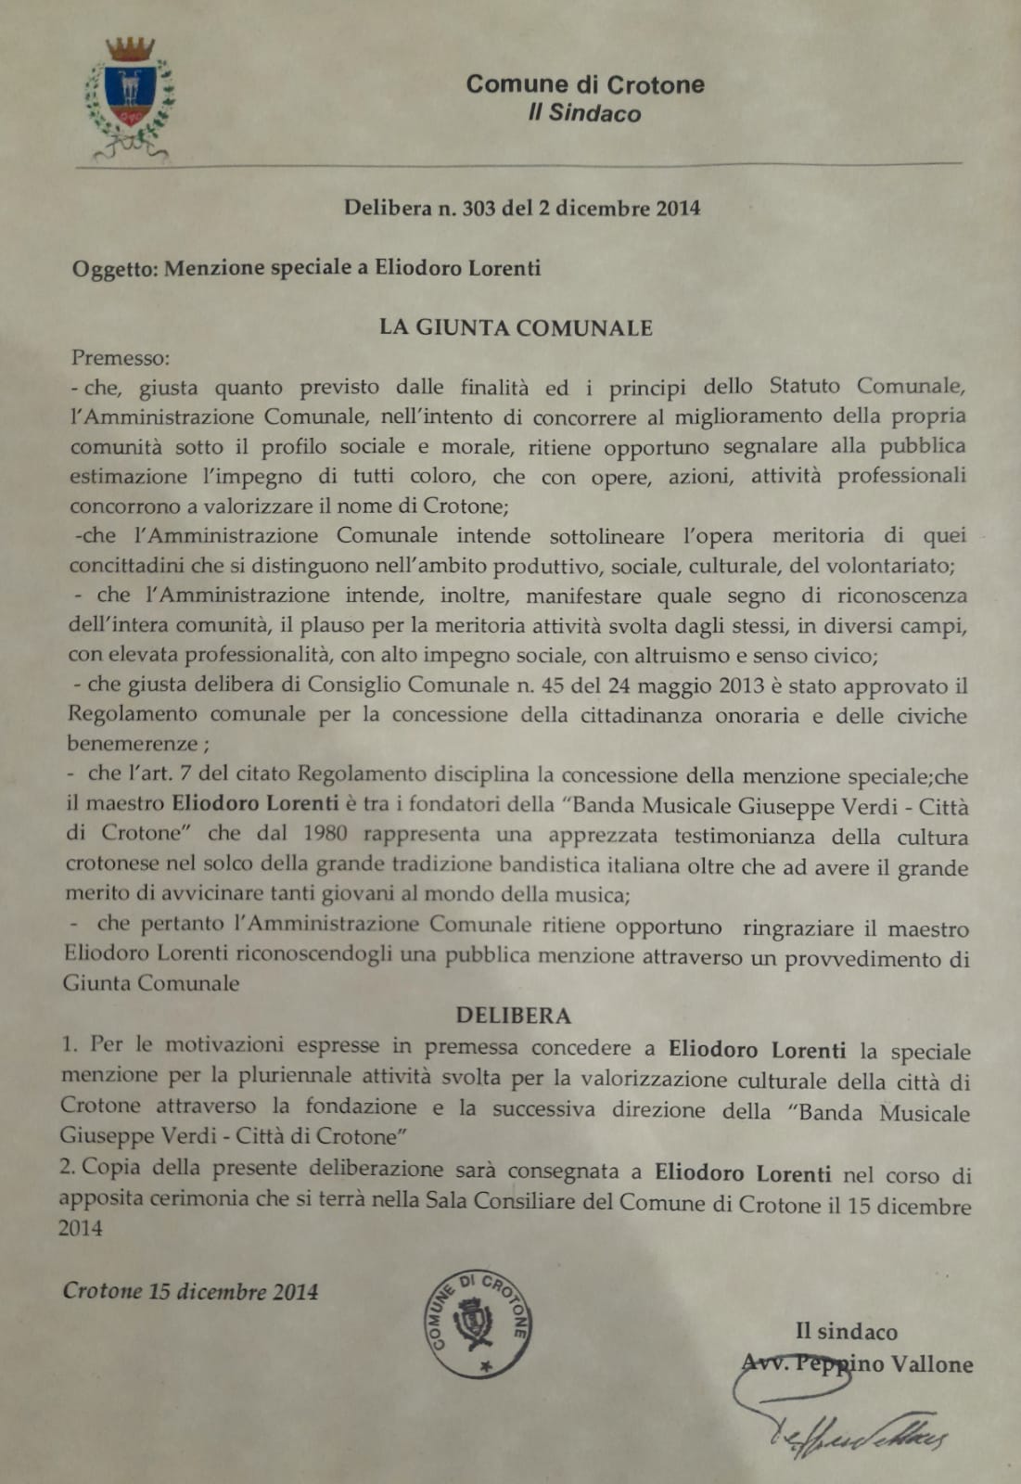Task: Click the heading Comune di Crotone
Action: (x=584, y=84)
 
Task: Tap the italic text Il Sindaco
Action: (x=584, y=114)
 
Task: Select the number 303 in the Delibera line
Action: (x=478, y=208)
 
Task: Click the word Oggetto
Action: (x=115, y=269)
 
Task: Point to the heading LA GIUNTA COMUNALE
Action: (x=516, y=327)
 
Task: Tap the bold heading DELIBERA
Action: (x=513, y=1016)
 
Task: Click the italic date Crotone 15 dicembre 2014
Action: (x=190, y=1291)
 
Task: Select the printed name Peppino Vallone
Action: (x=881, y=1364)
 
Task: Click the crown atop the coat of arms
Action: (x=130, y=49)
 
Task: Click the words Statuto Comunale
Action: (x=867, y=386)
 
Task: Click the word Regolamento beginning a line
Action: (x=132, y=714)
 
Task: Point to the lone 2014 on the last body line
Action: (x=81, y=1228)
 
